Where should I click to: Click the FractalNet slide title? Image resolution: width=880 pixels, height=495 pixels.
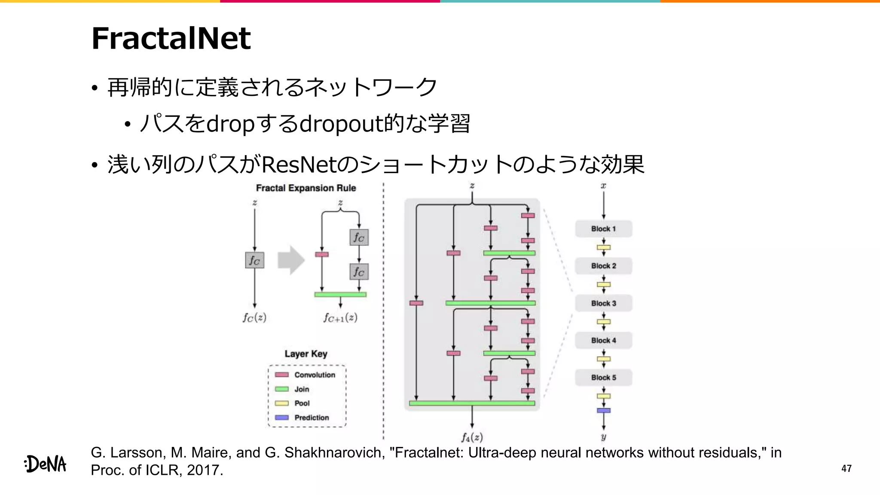[171, 39]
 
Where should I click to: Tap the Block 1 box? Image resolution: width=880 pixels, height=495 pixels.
[603, 229]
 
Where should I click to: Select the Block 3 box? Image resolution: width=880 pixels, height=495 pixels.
[603, 303]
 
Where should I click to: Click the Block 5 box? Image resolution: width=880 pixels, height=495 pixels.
[603, 377]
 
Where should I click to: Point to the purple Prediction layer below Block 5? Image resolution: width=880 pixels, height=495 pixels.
[603, 410]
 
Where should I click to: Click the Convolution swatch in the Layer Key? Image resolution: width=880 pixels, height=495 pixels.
[281, 375]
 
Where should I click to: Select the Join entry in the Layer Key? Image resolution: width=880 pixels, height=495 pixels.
[302, 389]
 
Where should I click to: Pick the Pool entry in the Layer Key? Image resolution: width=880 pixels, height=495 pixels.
[302, 403]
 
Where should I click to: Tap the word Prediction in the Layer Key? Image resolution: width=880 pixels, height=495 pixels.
[312, 418]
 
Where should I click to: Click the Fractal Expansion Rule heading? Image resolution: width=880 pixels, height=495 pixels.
[306, 188]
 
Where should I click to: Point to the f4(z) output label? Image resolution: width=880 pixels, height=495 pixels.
[472, 437]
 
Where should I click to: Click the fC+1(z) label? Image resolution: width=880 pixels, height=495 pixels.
[340, 318]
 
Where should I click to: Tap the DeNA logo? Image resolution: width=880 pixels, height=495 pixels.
[46, 464]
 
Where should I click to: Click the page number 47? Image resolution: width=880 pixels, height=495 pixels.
[846, 468]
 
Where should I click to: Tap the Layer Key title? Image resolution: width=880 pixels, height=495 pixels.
[306, 354]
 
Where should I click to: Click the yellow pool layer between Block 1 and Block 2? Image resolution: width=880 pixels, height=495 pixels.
[603, 247]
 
